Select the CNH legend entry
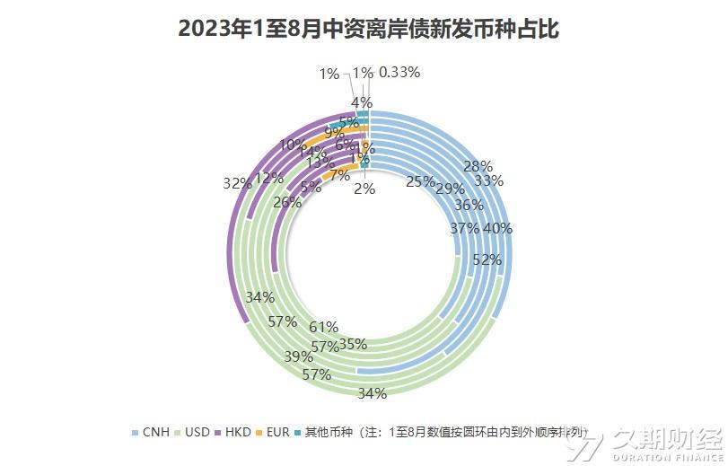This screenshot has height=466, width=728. pos(155,432)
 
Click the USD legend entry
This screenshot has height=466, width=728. pos(197,432)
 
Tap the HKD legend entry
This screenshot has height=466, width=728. pos(238,432)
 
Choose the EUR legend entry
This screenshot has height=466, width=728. pos(277,432)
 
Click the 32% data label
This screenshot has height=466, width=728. pos(237,183)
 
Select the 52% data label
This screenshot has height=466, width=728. pos(487,259)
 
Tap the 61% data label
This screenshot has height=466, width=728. pos(323,327)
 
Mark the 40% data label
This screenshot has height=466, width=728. pos(497,228)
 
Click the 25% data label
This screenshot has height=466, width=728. pos(420,181)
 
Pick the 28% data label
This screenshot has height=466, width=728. pos(478,165)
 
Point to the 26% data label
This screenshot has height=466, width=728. pos(286,203)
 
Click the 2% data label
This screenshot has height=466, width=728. pos(364,189)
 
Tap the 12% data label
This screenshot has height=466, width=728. pos(269,178)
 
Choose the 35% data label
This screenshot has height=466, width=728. pos(353,344)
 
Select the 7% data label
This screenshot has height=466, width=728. pos(340,175)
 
